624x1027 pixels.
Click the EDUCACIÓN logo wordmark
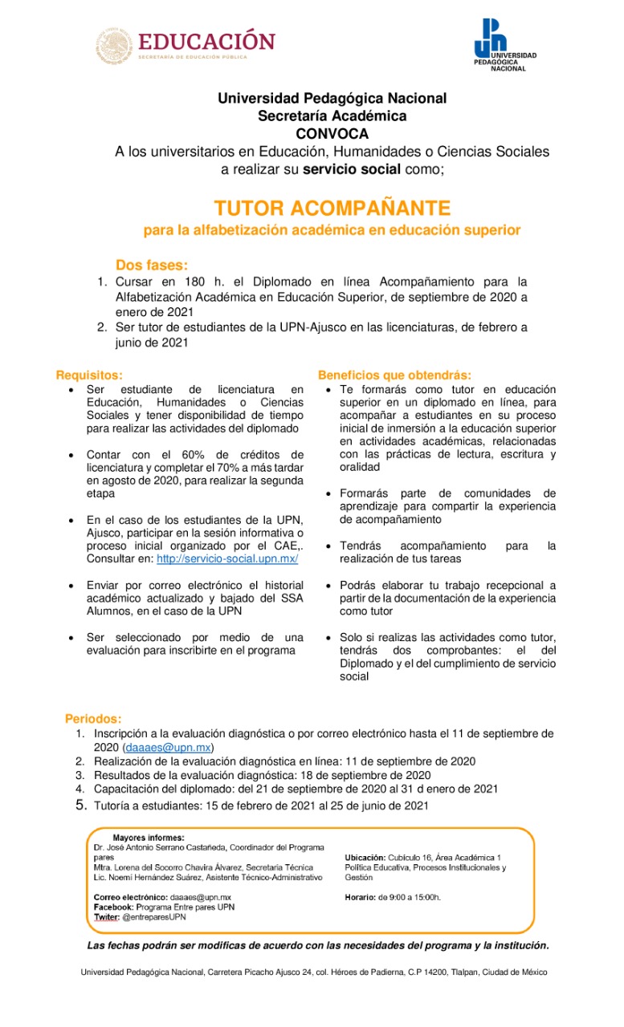coord(206,42)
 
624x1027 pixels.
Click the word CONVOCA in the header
coord(332,133)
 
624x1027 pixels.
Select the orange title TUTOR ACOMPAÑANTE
coord(332,209)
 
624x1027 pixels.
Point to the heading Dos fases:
coord(153,266)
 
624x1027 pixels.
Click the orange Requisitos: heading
coord(90,375)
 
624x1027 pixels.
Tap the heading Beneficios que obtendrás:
coord(395,375)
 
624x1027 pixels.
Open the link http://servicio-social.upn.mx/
coord(227,558)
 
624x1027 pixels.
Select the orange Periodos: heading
coord(93,719)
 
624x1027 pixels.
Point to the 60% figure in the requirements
coord(193,454)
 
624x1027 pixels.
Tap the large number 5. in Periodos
coord(81,805)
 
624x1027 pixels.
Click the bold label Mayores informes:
coord(149,838)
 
